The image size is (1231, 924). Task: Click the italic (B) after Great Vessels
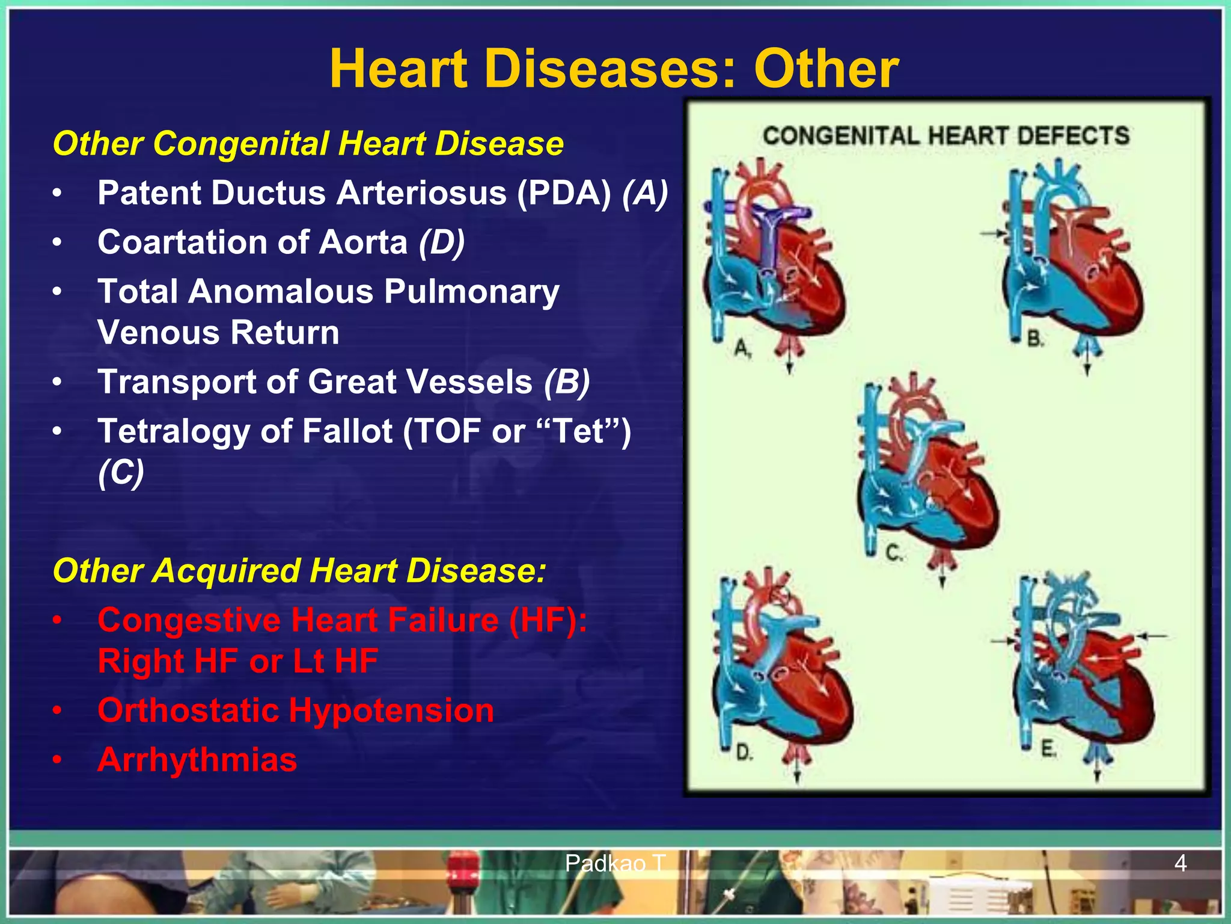567,382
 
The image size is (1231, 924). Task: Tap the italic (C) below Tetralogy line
121,473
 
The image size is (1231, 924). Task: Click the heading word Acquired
227,570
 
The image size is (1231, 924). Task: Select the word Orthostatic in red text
188,710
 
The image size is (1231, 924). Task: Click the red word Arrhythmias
197,759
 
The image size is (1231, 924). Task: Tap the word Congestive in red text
189,620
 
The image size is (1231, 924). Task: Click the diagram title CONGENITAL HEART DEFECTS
946,136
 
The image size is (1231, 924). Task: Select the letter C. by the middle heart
894,552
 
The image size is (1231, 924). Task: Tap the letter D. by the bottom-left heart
744,752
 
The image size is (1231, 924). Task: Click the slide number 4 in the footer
1180,864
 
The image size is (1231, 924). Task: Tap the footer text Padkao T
614,864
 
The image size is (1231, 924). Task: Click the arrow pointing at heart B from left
992,232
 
